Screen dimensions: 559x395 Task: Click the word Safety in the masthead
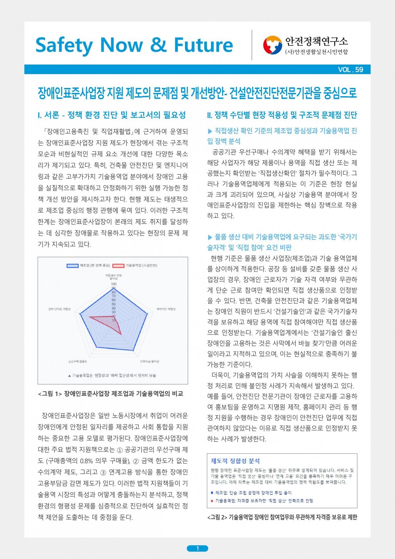(x=64, y=45)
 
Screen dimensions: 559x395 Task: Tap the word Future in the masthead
(x=203, y=45)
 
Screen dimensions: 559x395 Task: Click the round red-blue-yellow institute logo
(x=273, y=45)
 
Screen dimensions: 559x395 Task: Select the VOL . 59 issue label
(x=350, y=70)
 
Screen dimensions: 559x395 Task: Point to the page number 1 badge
(x=197, y=548)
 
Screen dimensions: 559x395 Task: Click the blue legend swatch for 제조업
(x=72, y=266)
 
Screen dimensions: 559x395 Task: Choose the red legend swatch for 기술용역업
(x=118, y=266)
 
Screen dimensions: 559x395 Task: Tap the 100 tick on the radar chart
(x=114, y=284)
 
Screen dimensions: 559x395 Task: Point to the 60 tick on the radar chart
(x=114, y=300)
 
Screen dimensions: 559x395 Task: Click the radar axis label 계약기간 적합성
(x=166, y=309)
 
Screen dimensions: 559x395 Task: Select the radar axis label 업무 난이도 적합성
(x=60, y=309)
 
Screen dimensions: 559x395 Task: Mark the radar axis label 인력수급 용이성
(x=149, y=361)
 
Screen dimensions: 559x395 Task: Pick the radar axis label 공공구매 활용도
(x=78, y=361)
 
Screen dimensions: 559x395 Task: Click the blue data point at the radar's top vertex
(x=114, y=289)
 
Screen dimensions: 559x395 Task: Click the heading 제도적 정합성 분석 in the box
(x=235, y=461)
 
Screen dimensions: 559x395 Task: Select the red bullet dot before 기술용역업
(x=212, y=501)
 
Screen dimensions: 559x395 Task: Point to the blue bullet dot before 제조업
(x=212, y=493)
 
